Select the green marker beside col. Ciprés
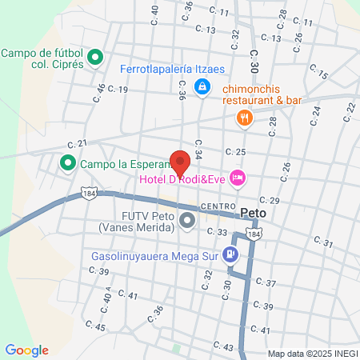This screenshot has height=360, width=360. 95,57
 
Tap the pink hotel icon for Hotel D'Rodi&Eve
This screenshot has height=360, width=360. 238,178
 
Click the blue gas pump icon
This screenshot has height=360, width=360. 231,254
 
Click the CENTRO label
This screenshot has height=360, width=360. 218,206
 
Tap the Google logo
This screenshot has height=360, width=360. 26,350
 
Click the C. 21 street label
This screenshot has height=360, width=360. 78,143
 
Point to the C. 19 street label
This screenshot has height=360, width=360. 118,90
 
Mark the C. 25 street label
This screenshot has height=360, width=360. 235,152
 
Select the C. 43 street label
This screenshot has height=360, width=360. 223,346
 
